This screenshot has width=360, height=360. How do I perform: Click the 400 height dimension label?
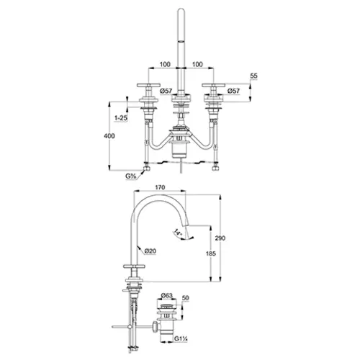109,136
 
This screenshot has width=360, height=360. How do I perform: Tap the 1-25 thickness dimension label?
121,118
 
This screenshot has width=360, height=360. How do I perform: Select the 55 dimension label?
253,76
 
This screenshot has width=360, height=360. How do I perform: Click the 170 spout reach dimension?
160,187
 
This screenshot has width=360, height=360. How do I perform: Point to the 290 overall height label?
220,238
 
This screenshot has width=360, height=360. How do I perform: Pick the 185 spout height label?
211,253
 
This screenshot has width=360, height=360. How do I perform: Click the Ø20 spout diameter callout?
150,251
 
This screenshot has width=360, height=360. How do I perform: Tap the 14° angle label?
178,232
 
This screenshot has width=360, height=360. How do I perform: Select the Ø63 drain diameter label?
167,296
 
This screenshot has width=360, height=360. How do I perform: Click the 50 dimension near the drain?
186,298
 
